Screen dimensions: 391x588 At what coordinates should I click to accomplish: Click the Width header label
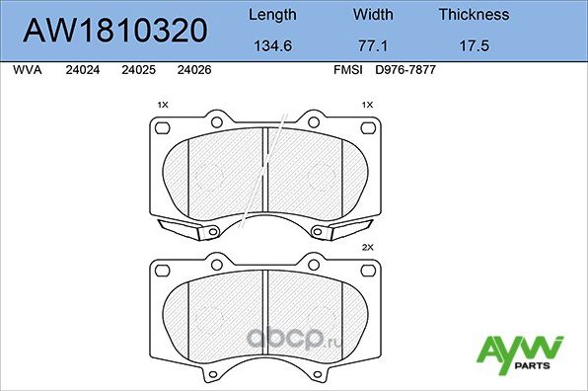coord(373,15)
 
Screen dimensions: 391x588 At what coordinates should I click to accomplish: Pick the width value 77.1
coord(373,45)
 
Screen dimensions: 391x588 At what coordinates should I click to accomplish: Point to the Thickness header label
coord(474,15)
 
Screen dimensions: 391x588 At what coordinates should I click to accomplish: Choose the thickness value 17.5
coord(474,45)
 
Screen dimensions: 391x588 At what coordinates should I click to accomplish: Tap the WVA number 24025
coord(137,71)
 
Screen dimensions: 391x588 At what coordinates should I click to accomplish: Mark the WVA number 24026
coord(192,71)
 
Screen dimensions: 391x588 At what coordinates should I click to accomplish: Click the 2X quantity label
coord(368,248)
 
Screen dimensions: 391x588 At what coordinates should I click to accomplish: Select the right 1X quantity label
coord(368,105)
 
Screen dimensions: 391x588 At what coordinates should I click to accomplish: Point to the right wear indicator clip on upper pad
coord(340,229)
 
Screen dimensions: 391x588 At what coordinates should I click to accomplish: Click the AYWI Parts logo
coord(520,353)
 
